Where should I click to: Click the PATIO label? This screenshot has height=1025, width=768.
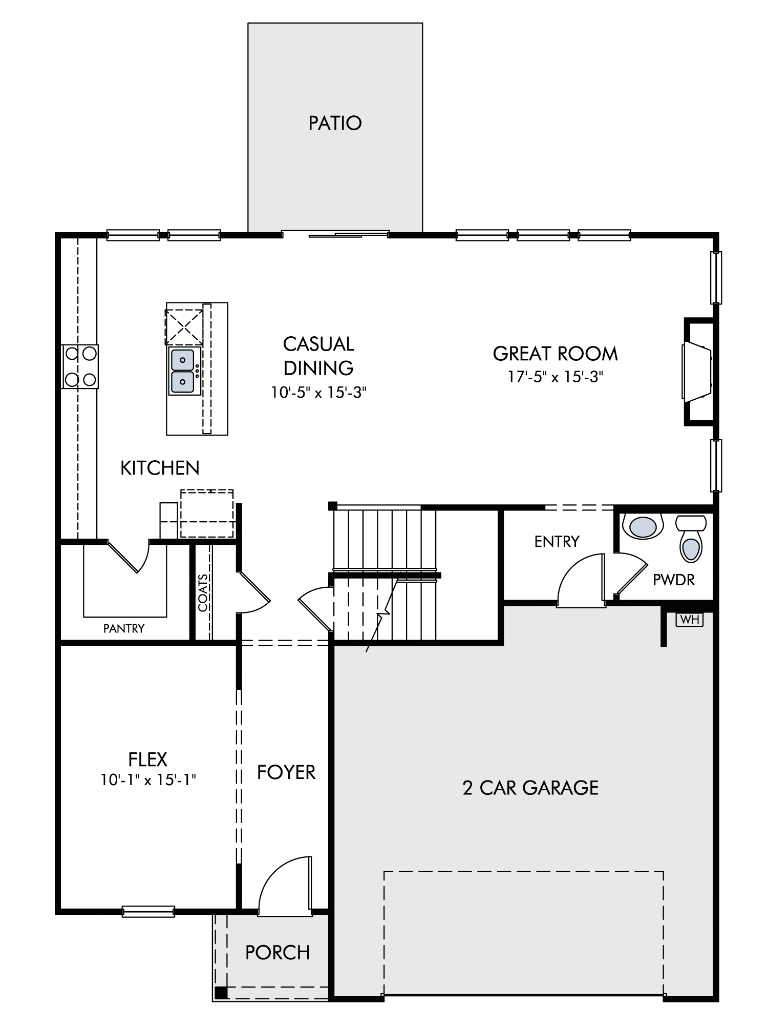[x=335, y=123]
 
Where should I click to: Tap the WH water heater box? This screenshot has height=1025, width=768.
[x=690, y=619]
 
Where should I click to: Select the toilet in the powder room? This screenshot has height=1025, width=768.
[x=691, y=538]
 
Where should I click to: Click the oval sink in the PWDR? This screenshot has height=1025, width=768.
[x=643, y=526]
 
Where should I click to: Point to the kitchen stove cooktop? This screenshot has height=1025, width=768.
[x=80, y=366]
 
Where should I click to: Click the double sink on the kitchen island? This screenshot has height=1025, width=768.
[x=183, y=371]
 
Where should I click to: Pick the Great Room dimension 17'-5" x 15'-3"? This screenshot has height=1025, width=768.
[x=556, y=377]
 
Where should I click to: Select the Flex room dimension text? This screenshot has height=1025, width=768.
[x=148, y=780]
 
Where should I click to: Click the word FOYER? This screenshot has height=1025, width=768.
[x=286, y=772]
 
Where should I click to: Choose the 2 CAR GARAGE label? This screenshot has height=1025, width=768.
[x=530, y=788]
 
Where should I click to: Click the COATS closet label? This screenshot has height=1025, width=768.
[x=203, y=593]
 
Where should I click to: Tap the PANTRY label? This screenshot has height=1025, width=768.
[x=124, y=628]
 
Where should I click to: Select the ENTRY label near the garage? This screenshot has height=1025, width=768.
[x=557, y=541]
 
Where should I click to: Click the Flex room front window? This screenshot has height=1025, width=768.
[x=148, y=911]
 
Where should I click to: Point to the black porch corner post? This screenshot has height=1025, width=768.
[x=221, y=992]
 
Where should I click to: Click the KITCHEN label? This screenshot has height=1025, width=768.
[x=160, y=468]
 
